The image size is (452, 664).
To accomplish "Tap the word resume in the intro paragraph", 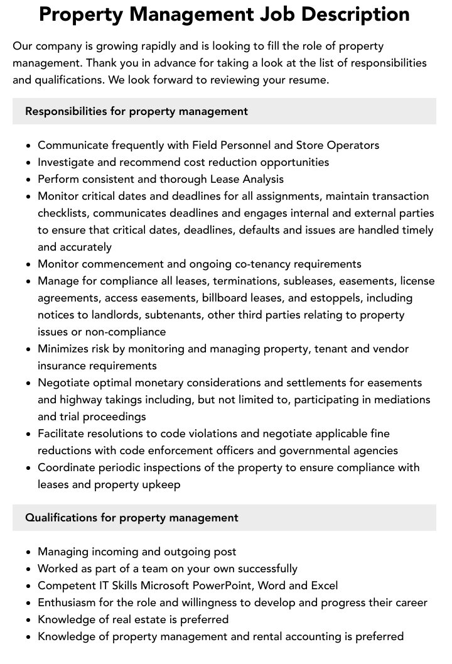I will pyautogui.click(x=307, y=80).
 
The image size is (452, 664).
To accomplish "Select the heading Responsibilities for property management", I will pyautogui.click(x=136, y=111).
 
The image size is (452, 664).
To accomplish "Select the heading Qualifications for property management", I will pyautogui.click(x=131, y=518).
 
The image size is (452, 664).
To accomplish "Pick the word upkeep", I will pyautogui.click(x=159, y=484).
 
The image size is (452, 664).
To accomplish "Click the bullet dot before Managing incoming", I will pyautogui.click(x=28, y=552).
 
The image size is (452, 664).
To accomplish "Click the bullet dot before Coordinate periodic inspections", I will pyautogui.click(x=28, y=468).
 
